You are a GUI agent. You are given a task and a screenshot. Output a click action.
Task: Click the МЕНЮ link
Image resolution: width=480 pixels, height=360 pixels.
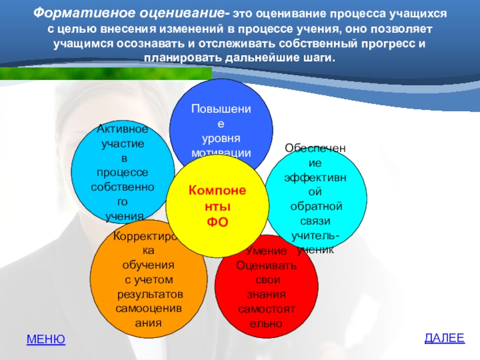point(46,339)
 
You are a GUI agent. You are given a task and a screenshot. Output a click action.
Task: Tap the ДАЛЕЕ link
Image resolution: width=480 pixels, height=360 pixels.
point(445,338)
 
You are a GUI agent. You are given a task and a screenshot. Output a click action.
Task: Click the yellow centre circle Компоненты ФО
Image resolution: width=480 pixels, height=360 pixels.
point(217,206)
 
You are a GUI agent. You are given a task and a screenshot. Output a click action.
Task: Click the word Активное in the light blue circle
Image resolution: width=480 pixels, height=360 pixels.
point(122,129)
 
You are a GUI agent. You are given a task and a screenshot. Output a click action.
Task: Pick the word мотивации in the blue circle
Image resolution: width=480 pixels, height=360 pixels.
point(221,153)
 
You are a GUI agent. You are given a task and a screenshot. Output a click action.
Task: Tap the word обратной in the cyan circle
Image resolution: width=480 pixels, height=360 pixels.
point(316,206)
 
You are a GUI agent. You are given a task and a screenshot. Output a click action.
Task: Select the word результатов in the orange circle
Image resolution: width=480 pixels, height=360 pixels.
point(150,295)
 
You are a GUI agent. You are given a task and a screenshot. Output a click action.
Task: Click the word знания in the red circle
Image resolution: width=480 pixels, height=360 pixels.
point(266,294)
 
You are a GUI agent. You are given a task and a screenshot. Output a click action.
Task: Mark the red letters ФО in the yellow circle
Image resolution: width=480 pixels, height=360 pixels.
point(218,221)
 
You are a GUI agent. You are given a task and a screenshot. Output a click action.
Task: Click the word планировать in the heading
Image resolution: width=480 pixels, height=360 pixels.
point(182,58)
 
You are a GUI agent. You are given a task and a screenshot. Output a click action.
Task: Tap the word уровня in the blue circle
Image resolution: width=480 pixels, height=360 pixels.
point(221,139)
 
